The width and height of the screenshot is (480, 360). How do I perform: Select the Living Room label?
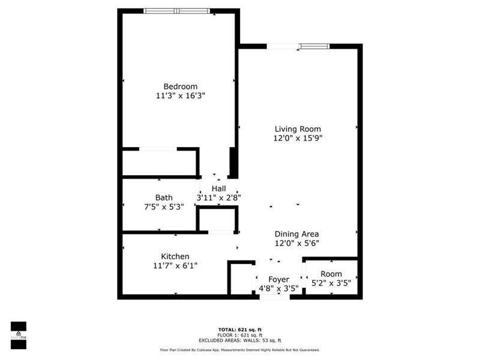[298, 129]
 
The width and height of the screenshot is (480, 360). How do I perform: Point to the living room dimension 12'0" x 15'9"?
[298, 138]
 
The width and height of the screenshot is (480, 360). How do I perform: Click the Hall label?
[218, 188]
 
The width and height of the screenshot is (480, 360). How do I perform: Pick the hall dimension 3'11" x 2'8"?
[218, 197]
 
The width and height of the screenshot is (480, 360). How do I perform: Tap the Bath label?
[164, 197]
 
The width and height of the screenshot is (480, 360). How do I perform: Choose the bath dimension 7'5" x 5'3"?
[160, 206]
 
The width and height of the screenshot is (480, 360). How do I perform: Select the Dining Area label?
[296, 234]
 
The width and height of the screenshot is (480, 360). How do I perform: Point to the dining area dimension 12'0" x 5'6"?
[296, 243]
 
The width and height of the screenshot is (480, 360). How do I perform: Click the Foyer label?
[278, 280]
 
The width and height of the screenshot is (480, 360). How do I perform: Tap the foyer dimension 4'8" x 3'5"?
[278, 289]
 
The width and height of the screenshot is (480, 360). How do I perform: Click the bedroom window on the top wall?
[177, 10]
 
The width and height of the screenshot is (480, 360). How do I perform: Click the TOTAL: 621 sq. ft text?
[239, 329]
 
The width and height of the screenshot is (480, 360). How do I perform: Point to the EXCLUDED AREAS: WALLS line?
[239, 340]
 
